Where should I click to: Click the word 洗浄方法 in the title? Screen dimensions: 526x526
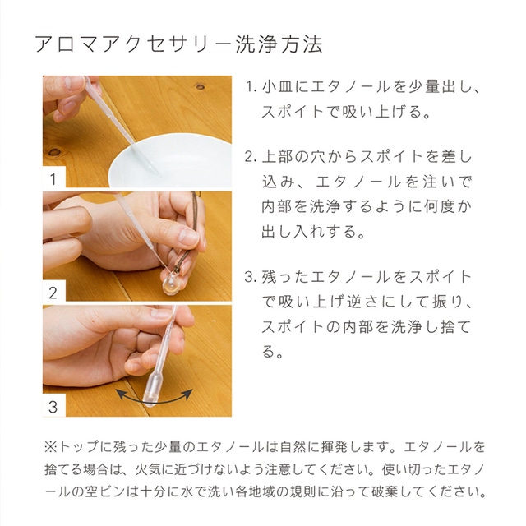279,44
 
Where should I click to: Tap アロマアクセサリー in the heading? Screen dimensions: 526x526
133,44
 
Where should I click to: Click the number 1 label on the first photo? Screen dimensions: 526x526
53,179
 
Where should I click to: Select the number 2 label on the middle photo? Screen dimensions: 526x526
53,293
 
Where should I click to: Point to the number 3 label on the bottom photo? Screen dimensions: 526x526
53,407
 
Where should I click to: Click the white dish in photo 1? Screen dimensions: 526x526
170,161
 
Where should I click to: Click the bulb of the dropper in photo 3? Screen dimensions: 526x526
153,390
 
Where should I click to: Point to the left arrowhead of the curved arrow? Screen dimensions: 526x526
119,393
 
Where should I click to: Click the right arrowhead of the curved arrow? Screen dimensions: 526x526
189,393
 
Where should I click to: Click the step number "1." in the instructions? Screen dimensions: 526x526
251,87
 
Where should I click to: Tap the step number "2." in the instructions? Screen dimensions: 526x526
251,157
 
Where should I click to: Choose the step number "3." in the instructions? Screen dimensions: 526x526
251,278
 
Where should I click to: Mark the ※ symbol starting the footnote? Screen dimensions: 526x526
51,447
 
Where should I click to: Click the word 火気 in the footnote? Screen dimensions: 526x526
148,469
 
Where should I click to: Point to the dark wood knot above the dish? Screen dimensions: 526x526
201,87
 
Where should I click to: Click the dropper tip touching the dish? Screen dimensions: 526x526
157,173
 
